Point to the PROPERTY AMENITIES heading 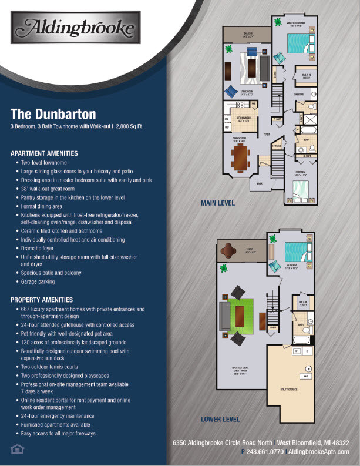coord(42,300)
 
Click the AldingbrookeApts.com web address coord(318,451)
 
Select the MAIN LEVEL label coord(218,203)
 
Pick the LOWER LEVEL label coord(220,420)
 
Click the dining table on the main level coord(241,157)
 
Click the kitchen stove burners coord(240,105)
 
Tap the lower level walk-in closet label coord(303,304)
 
